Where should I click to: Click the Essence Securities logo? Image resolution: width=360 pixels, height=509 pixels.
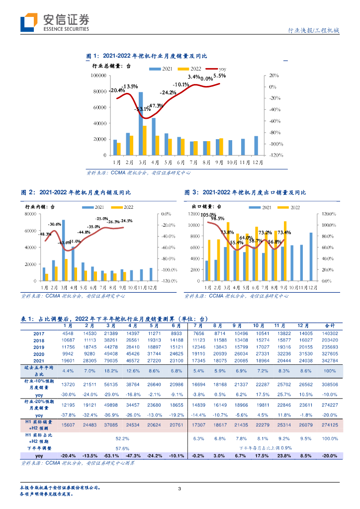55,22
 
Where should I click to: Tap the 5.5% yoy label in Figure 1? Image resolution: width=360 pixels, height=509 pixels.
219,76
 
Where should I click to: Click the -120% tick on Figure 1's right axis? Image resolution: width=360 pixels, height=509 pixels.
276,155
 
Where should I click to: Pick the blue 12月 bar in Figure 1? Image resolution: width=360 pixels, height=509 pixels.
256,146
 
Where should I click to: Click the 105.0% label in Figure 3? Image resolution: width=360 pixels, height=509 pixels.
208,215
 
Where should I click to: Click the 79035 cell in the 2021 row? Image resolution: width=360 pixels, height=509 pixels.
111,360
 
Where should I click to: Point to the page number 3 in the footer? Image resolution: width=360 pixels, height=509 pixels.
180,489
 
